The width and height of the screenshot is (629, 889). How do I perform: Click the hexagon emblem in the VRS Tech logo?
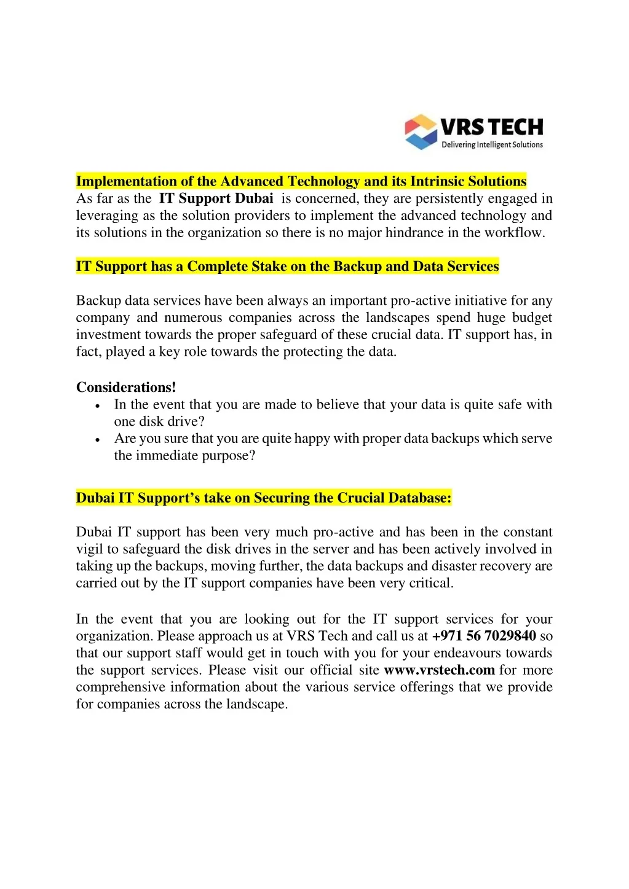pyautogui.click(x=421, y=131)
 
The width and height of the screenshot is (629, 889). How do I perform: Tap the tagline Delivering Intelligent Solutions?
pyautogui.click(x=492, y=145)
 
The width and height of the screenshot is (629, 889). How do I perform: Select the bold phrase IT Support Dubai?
pyautogui.click(x=216, y=198)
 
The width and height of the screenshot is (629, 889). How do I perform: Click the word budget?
pyautogui.click(x=532, y=318)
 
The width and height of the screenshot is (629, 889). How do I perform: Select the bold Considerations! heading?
pyautogui.click(x=126, y=388)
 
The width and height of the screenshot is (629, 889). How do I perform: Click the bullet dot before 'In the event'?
pyautogui.click(x=98, y=406)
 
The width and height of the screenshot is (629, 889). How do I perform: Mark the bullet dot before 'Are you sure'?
pyautogui.click(x=98, y=440)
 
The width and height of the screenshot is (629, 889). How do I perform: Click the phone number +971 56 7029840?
pyautogui.click(x=484, y=636)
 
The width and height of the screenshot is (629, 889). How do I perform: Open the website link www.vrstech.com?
pyautogui.click(x=439, y=670)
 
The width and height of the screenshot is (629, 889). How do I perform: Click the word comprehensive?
pyautogui.click(x=121, y=687)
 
